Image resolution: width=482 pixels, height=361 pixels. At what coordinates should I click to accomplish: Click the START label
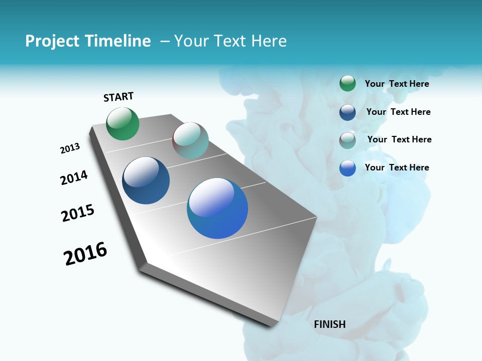pos(118,97)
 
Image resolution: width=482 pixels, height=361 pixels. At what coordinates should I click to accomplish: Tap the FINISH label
pos(329,324)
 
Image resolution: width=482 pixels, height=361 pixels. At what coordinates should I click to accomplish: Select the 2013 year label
pos(70,148)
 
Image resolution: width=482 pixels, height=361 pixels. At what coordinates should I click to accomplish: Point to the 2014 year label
pos(74,178)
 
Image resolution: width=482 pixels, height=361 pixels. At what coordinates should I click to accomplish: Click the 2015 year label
pos(78,213)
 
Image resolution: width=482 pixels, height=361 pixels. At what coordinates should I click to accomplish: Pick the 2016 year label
pos(85,254)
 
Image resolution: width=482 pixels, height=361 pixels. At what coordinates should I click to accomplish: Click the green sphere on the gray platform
pos(123,123)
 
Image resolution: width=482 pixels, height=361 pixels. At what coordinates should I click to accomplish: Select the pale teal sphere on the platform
pos(190,140)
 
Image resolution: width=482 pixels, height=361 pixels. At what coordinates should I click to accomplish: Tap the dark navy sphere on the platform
pos(146,180)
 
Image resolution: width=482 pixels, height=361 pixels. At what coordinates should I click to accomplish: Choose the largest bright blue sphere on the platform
pos(217,208)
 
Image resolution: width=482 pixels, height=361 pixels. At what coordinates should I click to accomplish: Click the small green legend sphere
pos(347,84)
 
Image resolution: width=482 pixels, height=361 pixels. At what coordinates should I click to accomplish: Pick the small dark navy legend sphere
pos(347,112)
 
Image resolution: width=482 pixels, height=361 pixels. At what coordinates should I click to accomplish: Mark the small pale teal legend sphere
pos(347,140)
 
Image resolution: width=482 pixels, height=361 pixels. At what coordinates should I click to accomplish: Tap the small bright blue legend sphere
pos(347,168)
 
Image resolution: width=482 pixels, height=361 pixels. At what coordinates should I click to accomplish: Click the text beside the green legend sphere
pos(397,84)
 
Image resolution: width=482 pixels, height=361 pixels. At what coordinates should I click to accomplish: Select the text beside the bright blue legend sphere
pos(397,167)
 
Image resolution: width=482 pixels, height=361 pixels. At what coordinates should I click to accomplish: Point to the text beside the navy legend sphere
pos(398,112)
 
